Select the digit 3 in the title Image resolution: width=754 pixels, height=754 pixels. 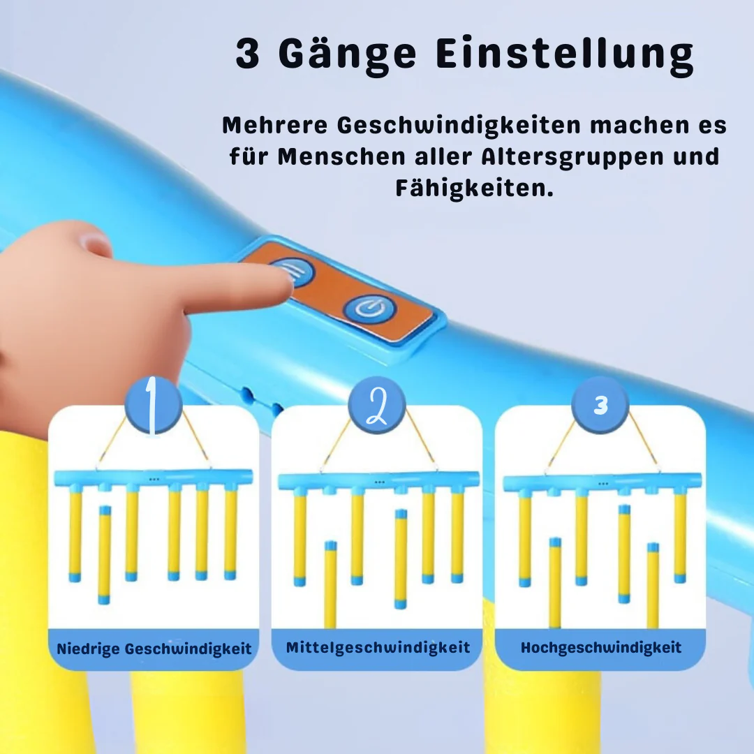coord(248,53)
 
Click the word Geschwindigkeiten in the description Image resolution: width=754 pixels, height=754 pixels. coord(459,126)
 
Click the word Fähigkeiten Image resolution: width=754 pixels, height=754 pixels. coord(475,188)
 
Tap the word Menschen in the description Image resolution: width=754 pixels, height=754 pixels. coord(341,157)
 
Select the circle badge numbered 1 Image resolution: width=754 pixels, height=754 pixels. coord(153,405)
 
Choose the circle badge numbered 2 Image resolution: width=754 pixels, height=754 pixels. coord(376,405)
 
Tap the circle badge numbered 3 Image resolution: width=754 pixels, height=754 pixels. coord(600,405)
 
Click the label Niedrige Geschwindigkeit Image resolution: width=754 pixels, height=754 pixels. coord(154,649)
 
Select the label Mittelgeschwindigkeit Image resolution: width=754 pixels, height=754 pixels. coord(378,647)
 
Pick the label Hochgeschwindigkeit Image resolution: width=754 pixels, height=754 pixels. coord(601,647)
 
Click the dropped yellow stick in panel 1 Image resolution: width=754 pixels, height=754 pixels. coord(104,554)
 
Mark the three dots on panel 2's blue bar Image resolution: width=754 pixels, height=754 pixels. coord(379,482)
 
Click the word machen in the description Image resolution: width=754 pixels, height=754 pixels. coord(639,126)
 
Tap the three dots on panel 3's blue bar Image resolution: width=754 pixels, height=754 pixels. coord(603,483)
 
